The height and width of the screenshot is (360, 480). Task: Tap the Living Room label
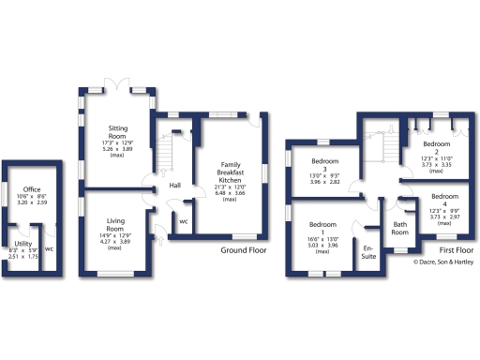click(x=114, y=225)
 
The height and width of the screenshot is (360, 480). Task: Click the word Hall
click(x=174, y=186)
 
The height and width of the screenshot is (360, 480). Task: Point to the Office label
click(x=33, y=187)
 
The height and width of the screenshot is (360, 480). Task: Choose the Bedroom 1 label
click(x=322, y=225)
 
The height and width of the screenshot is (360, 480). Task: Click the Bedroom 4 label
click(x=439, y=197)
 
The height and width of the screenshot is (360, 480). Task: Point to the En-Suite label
click(x=369, y=250)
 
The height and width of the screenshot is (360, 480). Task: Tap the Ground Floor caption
click(x=244, y=251)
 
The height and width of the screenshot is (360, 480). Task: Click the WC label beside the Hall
click(x=183, y=222)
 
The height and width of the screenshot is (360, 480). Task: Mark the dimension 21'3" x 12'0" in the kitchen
click(x=230, y=187)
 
